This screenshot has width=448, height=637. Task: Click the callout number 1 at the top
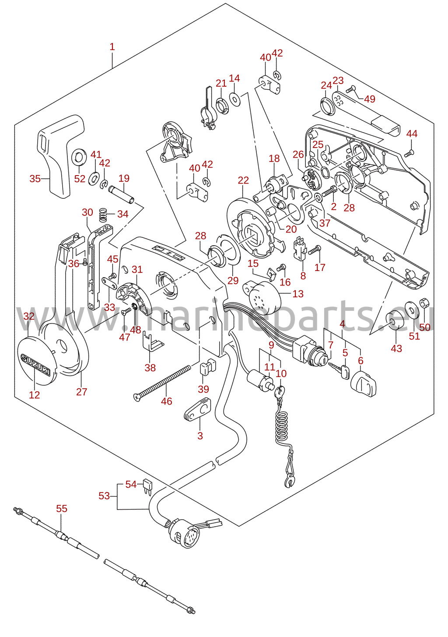(x=112, y=47)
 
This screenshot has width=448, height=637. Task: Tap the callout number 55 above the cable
(x=62, y=508)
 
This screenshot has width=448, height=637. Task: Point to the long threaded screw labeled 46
(x=162, y=384)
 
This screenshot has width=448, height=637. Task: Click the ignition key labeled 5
(x=339, y=370)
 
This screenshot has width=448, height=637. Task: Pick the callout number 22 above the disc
(x=243, y=180)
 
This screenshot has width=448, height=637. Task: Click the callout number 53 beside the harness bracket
(x=104, y=496)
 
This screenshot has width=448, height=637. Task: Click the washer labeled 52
(x=79, y=156)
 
